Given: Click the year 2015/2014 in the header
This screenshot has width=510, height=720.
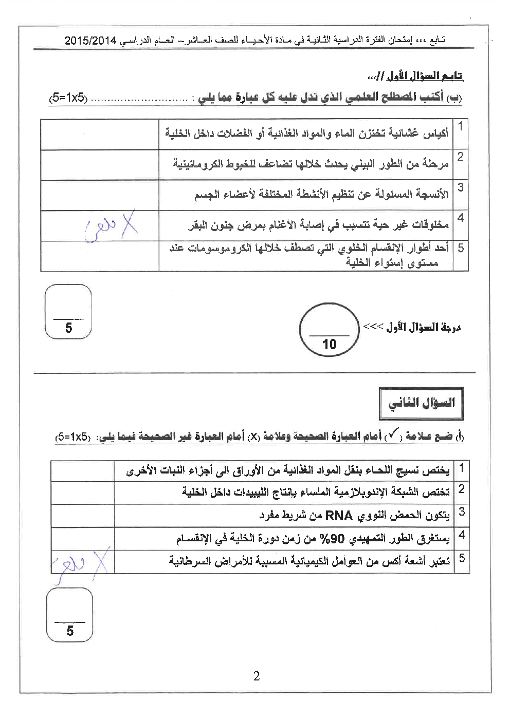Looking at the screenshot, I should (x=92, y=40).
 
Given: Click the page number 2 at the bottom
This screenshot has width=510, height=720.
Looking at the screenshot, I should (x=257, y=676).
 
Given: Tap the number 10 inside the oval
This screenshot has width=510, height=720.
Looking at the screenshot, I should (x=329, y=344).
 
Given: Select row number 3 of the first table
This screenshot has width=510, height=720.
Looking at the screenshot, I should (x=461, y=187).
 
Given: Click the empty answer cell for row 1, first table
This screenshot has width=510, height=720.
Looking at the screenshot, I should (x=99, y=135).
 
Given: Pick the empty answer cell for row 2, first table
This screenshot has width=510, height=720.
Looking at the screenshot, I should (x=99, y=165).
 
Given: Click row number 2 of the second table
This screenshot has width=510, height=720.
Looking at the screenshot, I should (x=462, y=489).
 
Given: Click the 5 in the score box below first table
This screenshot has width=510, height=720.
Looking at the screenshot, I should (x=68, y=328).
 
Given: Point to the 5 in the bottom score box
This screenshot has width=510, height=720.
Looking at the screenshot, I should (x=70, y=631).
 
